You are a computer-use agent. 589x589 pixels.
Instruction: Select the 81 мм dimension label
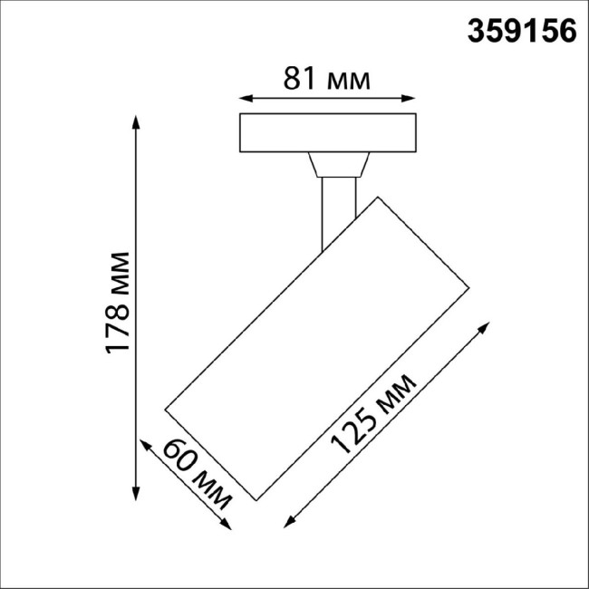click(326, 80)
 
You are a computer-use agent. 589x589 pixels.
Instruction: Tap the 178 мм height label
click(119, 304)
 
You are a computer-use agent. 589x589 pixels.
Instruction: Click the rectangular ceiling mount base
click(326, 133)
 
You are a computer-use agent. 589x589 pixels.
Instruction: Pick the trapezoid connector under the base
click(338, 165)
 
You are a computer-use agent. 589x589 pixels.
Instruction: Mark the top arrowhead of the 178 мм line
click(136, 121)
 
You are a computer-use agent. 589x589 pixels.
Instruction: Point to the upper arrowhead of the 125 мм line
click(489, 326)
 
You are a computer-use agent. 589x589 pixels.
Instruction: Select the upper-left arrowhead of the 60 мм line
click(145, 443)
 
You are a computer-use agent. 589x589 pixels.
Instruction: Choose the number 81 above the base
click(298, 80)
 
